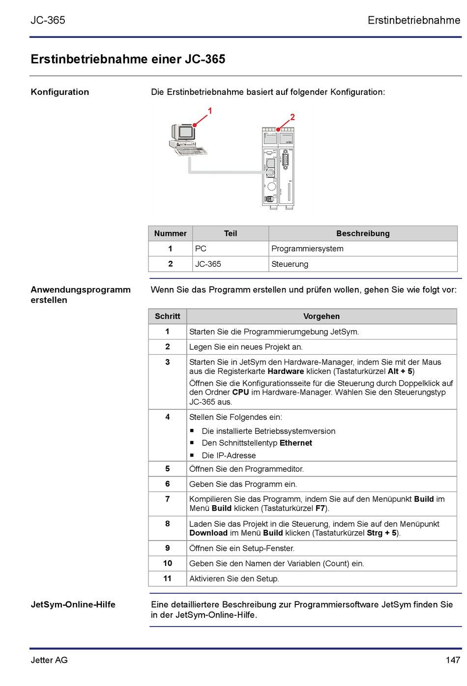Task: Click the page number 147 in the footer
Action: coord(453,660)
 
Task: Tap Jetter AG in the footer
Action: coord(49,660)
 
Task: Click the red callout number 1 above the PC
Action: coord(210,111)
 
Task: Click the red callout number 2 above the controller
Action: coord(292,117)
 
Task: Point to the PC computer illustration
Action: coord(187,141)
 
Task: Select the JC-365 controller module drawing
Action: coord(278,167)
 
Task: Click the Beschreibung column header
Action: coord(363,233)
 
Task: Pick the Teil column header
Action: coord(231,233)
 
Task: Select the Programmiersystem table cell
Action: coord(307,249)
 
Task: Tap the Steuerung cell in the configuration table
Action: coord(290,264)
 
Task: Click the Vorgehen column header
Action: coord(321,316)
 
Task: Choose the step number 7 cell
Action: coord(168,499)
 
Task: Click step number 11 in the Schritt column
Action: coord(168,578)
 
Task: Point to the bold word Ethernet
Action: coord(296,443)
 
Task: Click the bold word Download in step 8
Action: coord(208,533)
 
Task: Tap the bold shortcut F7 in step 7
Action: coord(320,508)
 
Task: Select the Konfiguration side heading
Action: coord(60,92)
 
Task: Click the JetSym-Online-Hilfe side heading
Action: coord(73,604)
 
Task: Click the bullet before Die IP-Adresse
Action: coord(192,455)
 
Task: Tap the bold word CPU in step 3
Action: coord(240,392)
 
